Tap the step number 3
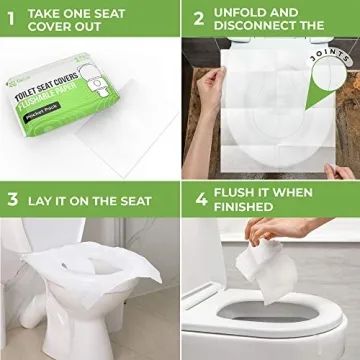pyautogui.click(x=13, y=198)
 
